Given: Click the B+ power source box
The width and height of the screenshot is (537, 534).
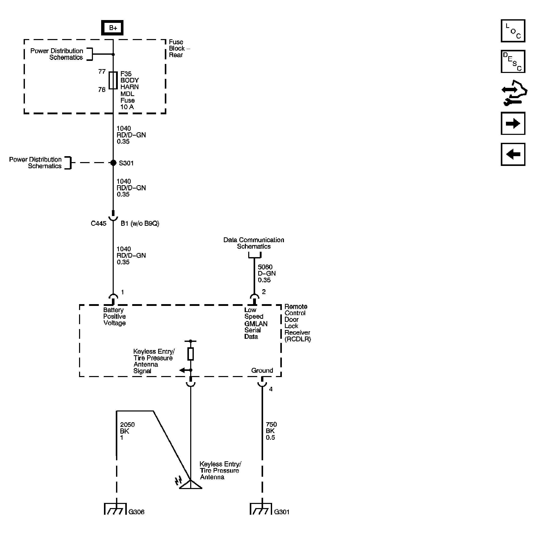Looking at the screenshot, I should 112,28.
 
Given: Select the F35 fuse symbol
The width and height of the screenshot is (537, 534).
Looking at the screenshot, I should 113,81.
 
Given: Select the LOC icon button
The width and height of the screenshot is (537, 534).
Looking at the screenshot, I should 513,31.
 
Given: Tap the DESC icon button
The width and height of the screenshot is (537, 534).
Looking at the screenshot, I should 513,61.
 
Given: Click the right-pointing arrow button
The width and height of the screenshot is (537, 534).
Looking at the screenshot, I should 513,124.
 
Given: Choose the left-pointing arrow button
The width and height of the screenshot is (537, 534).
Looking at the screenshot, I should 513,154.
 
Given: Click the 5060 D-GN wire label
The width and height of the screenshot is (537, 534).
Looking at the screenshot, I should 266,274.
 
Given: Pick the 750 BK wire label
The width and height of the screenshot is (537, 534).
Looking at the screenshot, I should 271,431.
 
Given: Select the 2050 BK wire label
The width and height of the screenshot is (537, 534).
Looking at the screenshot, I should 127,431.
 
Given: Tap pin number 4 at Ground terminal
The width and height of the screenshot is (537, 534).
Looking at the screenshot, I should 271,389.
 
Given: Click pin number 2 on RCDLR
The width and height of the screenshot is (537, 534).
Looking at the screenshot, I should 264,292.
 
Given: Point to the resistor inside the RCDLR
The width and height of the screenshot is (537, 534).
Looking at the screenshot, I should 191,354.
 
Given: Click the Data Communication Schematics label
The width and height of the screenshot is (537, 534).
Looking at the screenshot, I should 254,243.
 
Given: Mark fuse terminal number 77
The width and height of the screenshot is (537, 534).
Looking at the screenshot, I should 102,72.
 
